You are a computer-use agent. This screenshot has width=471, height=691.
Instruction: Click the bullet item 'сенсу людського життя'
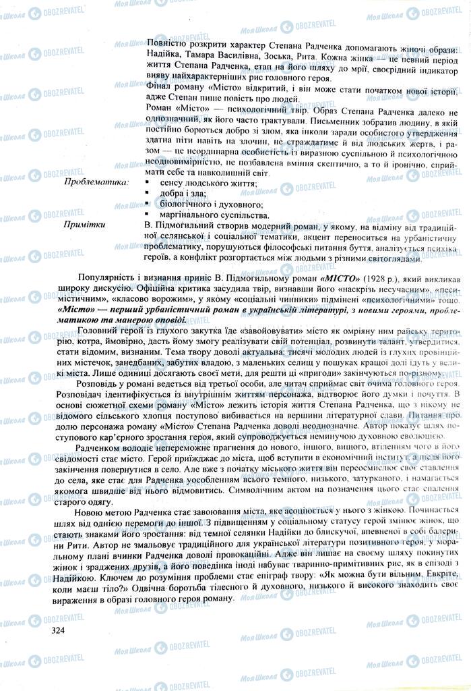pos(208,183)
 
